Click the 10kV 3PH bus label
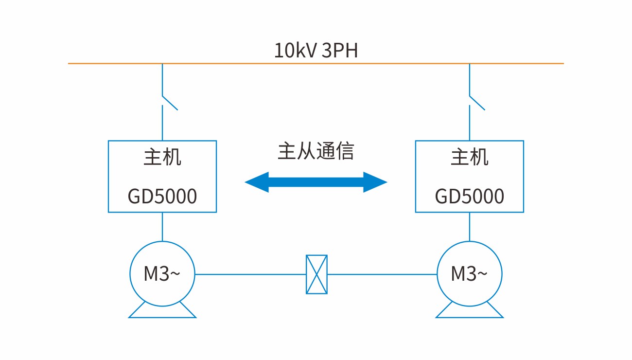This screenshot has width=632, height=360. click(x=316, y=51)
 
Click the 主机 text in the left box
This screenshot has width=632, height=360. click(x=162, y=158)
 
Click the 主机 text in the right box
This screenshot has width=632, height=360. click(x=470, y=158)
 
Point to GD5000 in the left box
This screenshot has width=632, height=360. click(x=162, y=197)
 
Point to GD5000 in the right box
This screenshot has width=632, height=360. click(x=470, y=197)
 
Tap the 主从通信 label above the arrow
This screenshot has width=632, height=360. click(x=316, y=151)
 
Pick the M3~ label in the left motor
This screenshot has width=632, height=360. click(x=162, y=274)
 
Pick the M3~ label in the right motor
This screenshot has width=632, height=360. click(x=469, y=274)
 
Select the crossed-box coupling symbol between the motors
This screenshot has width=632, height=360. click(x=316, y=274)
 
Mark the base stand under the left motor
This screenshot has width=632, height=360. click(x=162, y=311)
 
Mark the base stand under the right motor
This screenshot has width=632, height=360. click(x=470, y=311)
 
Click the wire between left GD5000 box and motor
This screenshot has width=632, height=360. click(x=162, y=226)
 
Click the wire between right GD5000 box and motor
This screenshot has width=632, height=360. click(x=470, y=226)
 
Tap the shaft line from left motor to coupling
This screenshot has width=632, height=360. click(x=250, y=274)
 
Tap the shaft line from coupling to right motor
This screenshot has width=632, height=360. click(x=382, y=274)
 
